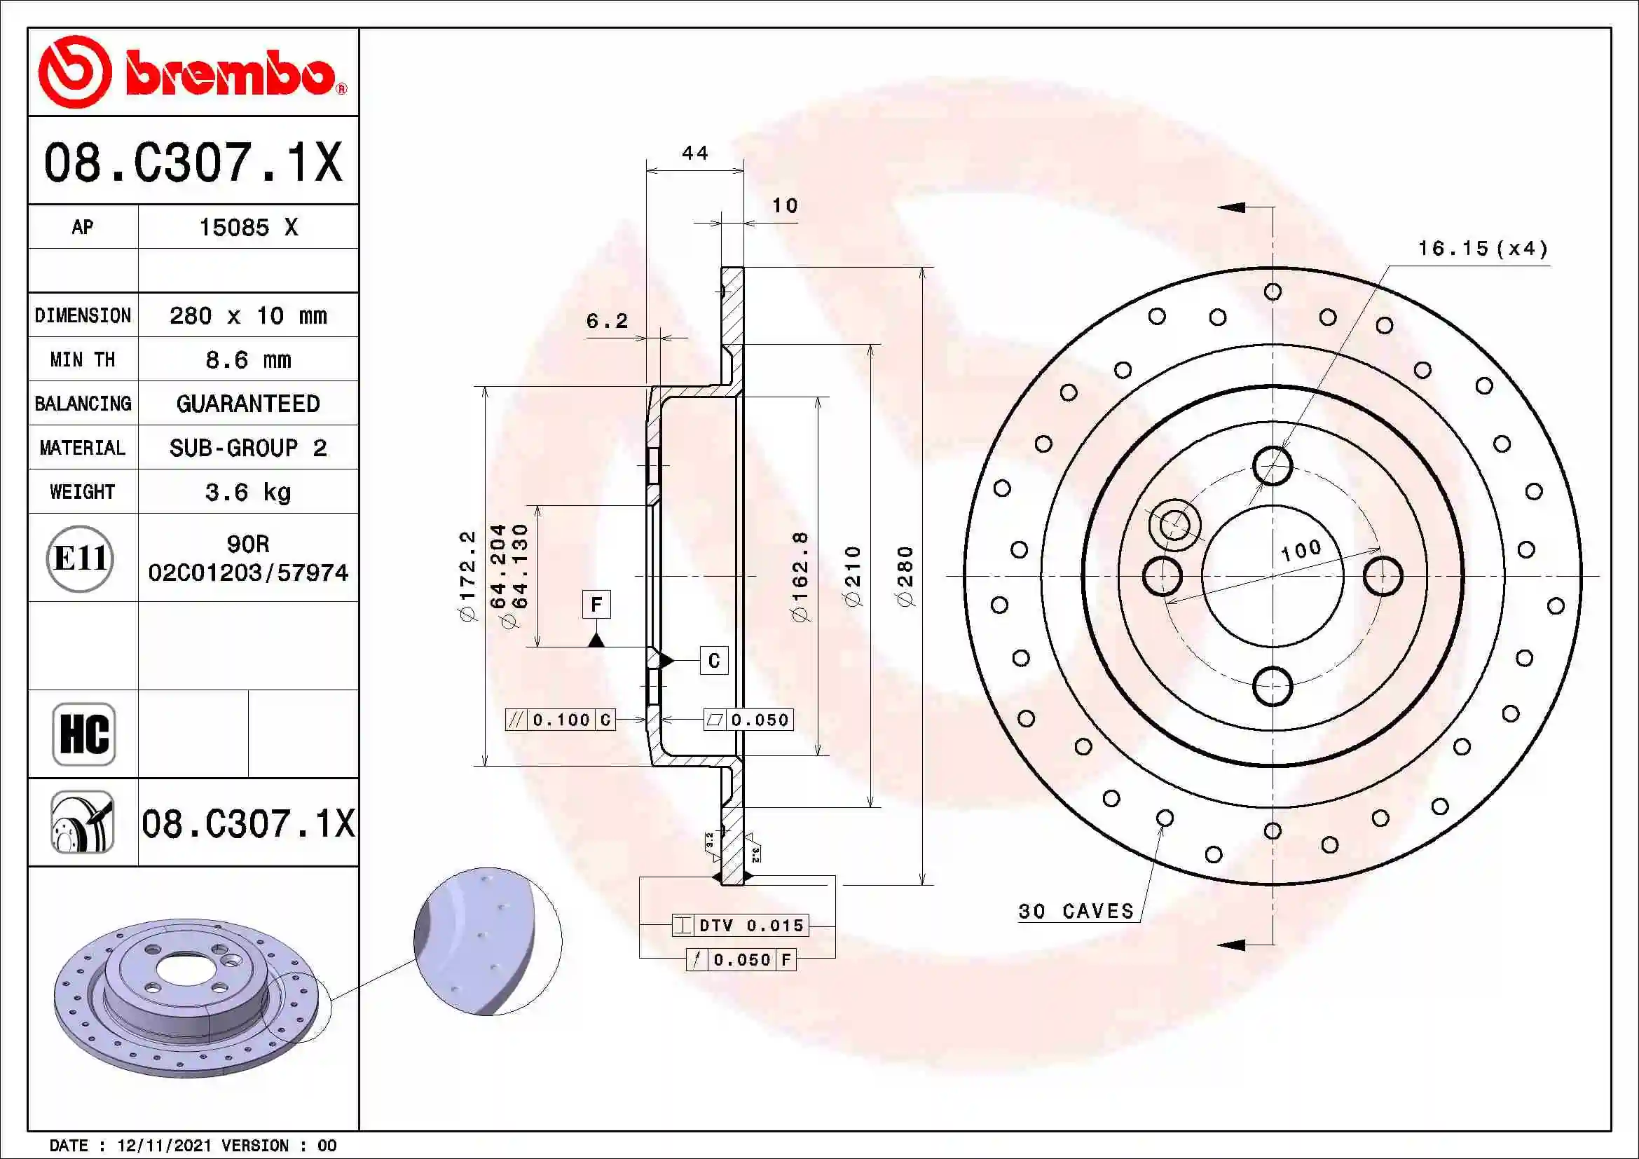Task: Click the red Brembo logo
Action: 191,72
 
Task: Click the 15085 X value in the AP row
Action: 247,228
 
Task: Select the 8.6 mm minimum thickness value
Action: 247,359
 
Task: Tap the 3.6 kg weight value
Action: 247,492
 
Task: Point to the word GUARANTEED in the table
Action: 247,404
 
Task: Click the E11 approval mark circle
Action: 80,558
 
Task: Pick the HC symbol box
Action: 83,734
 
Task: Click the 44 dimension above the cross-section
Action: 694,153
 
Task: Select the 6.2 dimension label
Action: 607,321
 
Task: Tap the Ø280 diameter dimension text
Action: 905,576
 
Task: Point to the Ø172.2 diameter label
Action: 467,576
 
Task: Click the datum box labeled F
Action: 596,605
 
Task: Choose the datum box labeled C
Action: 713,661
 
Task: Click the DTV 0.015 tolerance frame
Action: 740,926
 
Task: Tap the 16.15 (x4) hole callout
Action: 1483,249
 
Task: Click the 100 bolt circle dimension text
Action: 1301,550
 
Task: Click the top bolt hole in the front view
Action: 1272,466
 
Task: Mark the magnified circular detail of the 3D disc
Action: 488,941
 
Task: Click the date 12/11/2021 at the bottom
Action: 164,1146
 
